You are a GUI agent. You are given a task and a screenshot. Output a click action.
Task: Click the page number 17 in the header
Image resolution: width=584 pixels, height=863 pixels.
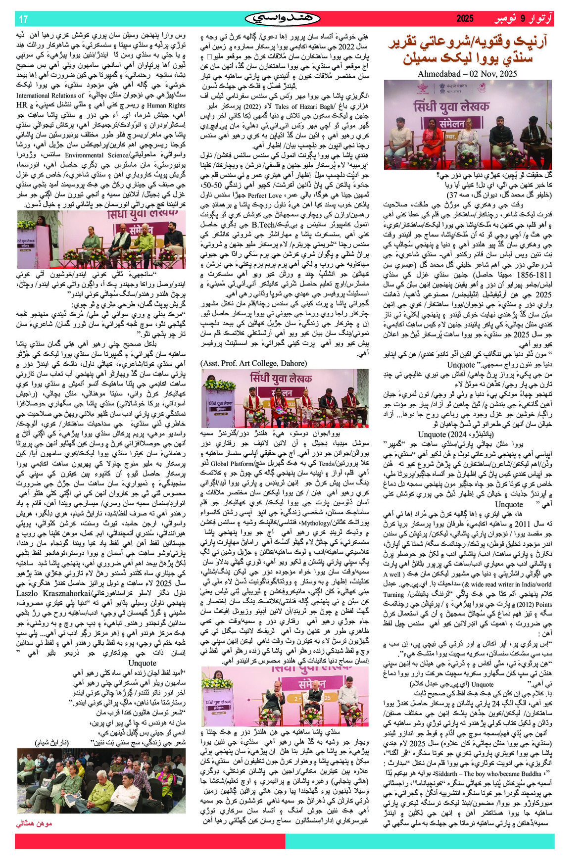[x=23, y=19]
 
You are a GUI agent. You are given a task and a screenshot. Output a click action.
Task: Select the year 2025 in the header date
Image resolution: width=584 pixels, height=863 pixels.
[x=465, y=19]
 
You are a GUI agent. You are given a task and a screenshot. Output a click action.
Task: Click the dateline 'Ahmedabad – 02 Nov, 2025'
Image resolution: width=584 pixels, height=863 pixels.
[x=467, y=74]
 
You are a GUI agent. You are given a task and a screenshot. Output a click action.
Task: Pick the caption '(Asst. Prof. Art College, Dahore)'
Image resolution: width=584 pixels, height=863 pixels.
[x=253, y=363]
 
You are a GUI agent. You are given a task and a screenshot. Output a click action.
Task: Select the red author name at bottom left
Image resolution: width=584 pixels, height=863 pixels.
[x=34, y=823]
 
